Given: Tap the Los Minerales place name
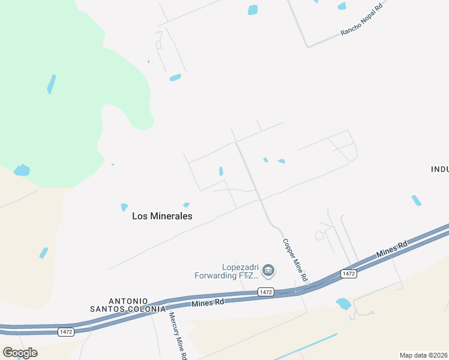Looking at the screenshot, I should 162,217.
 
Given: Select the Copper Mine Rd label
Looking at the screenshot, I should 295,260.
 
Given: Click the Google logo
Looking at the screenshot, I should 20,352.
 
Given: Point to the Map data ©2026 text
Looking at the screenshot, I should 423,355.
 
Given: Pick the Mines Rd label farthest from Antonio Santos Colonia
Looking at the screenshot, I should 392,250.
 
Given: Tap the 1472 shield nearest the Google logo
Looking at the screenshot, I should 67,331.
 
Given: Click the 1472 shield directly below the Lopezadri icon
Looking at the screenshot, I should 267,292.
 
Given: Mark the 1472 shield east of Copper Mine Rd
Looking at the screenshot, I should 349,274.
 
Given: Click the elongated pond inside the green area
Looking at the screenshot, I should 52,84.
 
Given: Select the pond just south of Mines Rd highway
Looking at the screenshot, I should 343,304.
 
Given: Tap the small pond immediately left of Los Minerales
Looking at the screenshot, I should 124,207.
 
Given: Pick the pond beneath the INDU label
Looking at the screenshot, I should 416,200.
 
